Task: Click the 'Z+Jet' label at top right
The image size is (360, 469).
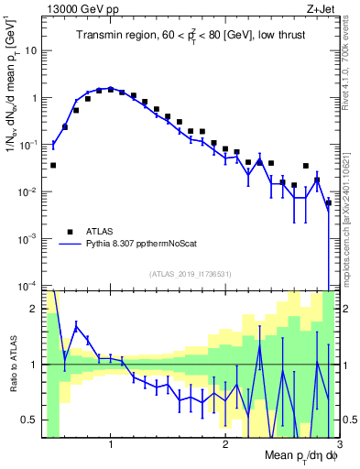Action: tap(319, 8)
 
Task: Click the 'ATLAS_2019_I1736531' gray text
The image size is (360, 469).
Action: tap(190, 273)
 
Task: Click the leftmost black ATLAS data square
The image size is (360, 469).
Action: tap(53, 166)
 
